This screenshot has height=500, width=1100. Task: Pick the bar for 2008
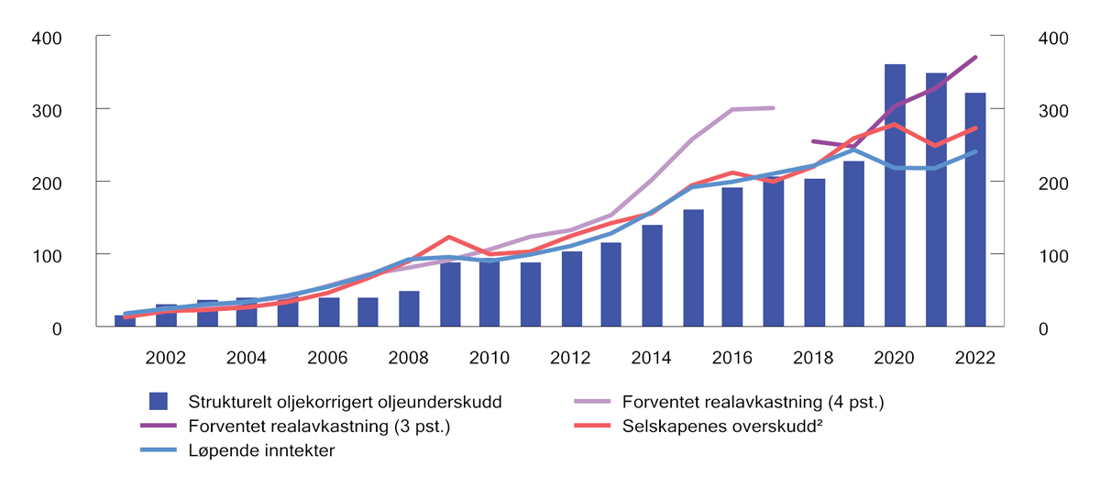(x=409, y=308)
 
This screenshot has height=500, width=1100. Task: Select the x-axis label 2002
(x=166, y=357)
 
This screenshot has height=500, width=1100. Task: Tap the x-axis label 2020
(x=894, y=357)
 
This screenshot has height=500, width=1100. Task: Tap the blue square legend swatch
(x=159, y=401)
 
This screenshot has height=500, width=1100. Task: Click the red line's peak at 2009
(x=449, y=237)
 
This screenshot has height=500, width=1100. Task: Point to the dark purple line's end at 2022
(x=975, y=57)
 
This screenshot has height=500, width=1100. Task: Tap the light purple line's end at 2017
(x=773, y=108)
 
